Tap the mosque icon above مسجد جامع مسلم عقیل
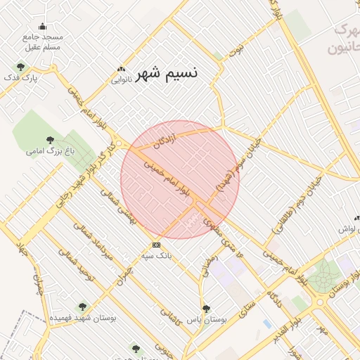point(42,27)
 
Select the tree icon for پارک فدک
point(20,67)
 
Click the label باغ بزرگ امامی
point(50,150)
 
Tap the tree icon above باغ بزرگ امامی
point(50,140)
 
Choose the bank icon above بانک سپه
point(155,245)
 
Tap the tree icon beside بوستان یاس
point(205,308)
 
